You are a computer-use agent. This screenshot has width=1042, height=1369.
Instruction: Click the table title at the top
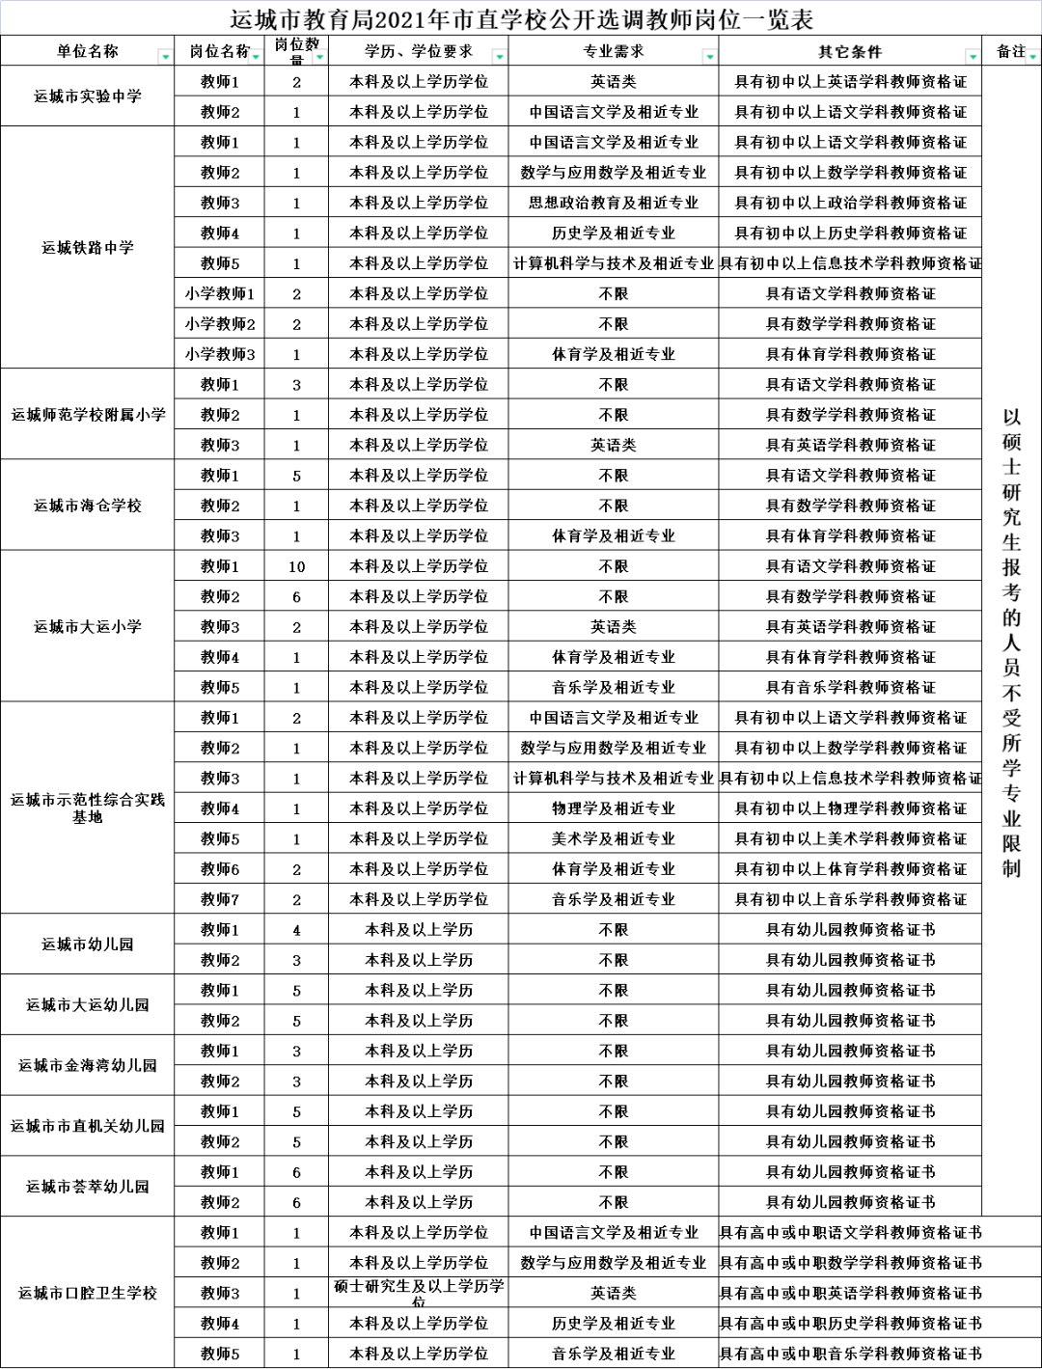pyautogui.click(x=521, y=18)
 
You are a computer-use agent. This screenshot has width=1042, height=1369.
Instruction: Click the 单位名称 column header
pyautogui.click(x=87, y=51)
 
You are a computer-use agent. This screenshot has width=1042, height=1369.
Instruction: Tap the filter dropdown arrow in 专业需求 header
pyautogui.click(x=709, y=57)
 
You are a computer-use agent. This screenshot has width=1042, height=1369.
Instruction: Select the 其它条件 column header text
pyautogui.click(x=850, y=51)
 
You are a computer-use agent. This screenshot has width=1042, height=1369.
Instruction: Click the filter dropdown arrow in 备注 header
pyautogui.click(x=1032, y=57)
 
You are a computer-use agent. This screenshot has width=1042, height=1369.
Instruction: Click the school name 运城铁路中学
pyautogui.click(x=87, y=247)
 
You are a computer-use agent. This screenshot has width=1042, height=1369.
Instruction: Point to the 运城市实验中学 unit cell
pyautogui.click(x=87, y=96)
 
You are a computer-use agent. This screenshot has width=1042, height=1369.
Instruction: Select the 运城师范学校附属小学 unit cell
pyautogui.click(x=87, y=414)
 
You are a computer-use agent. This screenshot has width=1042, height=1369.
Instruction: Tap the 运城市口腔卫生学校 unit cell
pyautogui.click(x=87, y=1292)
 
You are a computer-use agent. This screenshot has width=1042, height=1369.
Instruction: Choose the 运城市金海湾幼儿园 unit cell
pyautogui.click(x=87, y=1065)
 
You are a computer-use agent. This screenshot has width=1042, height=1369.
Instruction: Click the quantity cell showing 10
pyautogui.click(x=296, y=566)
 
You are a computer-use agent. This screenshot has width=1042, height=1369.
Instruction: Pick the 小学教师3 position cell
pyautogui.click(x=220, y=354)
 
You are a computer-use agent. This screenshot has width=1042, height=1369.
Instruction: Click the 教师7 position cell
pyautogui.click(x=220, y=899)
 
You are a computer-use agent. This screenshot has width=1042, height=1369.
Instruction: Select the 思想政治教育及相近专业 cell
pyautogui.click(x=613, y=203)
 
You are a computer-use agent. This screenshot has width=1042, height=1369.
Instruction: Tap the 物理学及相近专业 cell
pyautogui.click(x=613, y=808)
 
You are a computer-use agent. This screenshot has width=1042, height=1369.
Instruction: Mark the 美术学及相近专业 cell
pyautogui.click(x=613, y=838)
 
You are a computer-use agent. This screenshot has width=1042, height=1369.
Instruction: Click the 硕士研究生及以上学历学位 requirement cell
pyautogui.click(x=419, y=1292)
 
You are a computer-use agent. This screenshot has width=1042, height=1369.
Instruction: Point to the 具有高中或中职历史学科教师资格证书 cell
pyautogui.click(x=850, y=1323)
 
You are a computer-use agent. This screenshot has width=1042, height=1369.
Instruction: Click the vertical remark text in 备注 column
pyautogui.click(x=1011, y=642)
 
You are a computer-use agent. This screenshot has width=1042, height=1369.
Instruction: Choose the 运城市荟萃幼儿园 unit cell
pyautogui.click(x=87, y=1186)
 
